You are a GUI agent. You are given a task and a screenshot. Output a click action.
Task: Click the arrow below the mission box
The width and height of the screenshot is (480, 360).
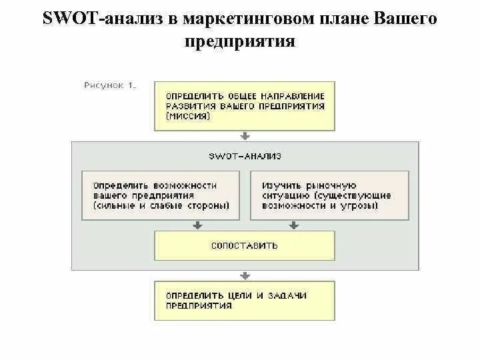point(245,136)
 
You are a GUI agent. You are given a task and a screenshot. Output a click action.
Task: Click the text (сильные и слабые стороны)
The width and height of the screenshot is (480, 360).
point(161,206)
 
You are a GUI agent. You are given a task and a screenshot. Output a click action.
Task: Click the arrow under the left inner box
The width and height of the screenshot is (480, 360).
point(197,226)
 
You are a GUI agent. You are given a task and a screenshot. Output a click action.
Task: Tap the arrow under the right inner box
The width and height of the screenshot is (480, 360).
point(293,226)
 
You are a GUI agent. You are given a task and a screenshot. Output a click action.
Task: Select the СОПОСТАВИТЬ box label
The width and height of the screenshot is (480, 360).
point(245,245)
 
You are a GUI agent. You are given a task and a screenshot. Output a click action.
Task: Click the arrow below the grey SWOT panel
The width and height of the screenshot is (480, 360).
point(245,275)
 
